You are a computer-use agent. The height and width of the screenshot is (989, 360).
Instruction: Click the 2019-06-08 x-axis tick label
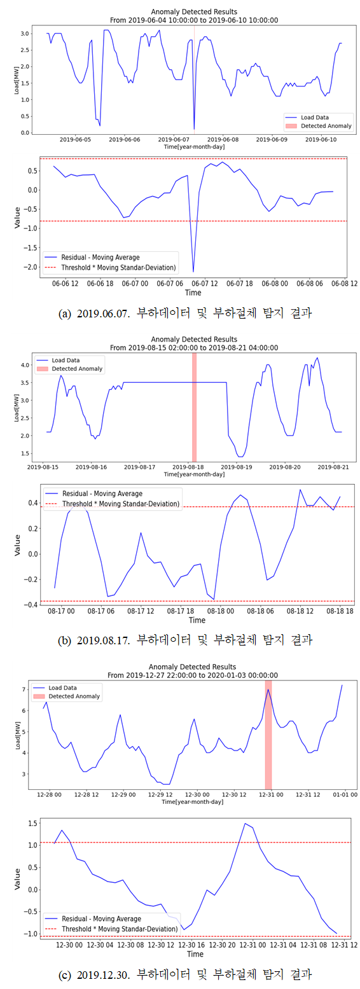pos(223,139)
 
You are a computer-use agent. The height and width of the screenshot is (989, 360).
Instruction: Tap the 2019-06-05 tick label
pos(75,139)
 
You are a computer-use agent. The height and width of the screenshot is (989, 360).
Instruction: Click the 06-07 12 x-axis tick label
pos(205,284)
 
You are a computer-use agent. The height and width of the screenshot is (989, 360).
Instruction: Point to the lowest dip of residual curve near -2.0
pos(193,271)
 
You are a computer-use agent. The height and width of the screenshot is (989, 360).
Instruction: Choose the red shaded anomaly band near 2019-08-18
pos(195,407)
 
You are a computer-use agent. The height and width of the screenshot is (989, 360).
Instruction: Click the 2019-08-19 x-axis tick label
pos(237,467)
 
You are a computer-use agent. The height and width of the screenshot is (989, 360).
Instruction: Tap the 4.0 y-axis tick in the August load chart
pos(25,365)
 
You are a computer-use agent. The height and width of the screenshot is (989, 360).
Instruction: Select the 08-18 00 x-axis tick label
pos(221,611)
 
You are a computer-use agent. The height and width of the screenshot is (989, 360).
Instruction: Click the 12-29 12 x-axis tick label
pos(160,795)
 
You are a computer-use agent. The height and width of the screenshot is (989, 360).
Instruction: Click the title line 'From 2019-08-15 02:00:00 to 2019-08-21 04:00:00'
pos(194,348)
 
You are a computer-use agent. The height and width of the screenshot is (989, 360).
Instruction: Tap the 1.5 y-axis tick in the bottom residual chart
pos(32,823)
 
